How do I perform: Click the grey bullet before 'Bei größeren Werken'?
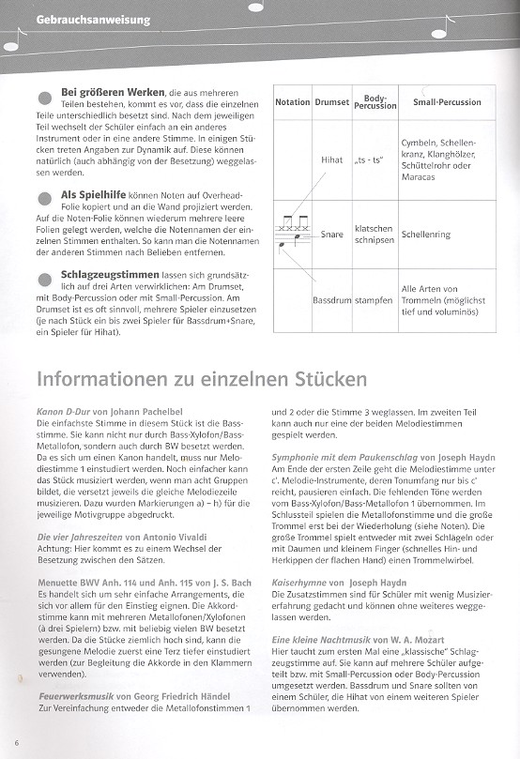(43, 99)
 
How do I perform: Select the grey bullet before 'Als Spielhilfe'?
(43, 198)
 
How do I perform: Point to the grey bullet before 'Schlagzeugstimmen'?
(43, 278)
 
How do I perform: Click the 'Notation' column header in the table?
(293, 102)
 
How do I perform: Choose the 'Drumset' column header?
(331, 102)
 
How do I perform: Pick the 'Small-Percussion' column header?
(447, 102)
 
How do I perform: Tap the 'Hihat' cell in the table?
(331, 160)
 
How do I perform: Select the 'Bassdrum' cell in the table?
(330, 300)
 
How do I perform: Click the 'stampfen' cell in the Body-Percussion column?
(374, 300)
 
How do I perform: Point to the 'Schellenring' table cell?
(425, 235)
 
